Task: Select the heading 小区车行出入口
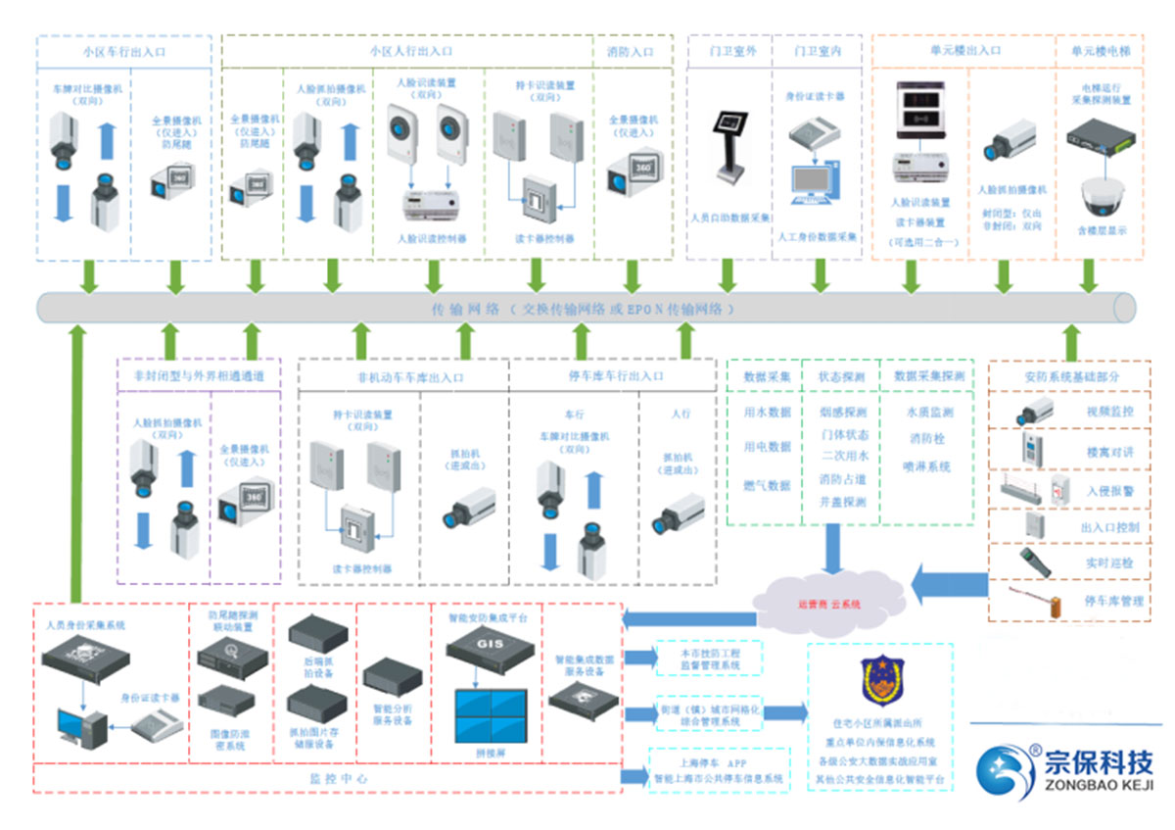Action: coord(123,52)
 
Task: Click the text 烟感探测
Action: coord(843,413)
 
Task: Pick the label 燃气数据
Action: coord(768,485)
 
